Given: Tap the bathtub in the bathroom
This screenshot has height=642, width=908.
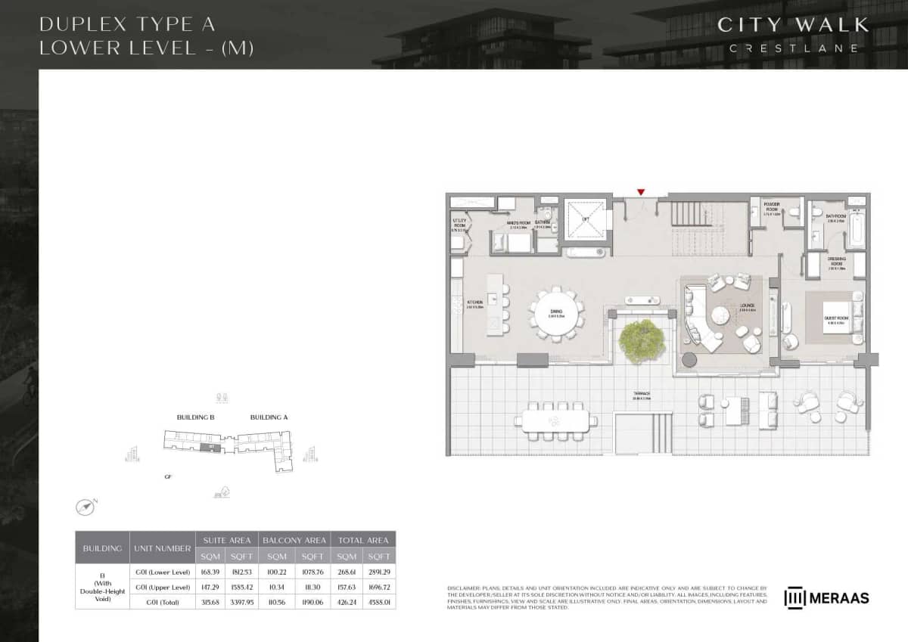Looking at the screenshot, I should tap(856, 227).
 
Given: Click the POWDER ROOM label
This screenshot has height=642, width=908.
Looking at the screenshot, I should tap(771, 206).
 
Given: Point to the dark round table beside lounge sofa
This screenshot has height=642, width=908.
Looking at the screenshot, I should tap(689, 358).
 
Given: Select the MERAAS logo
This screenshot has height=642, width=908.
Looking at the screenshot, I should tap(826, 597).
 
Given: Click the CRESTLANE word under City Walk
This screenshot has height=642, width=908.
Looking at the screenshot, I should tap(793, 48).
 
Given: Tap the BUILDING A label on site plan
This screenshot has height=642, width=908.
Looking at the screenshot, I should tap(269, 417).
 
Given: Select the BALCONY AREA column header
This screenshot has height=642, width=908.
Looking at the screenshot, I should tap(294, 540).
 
